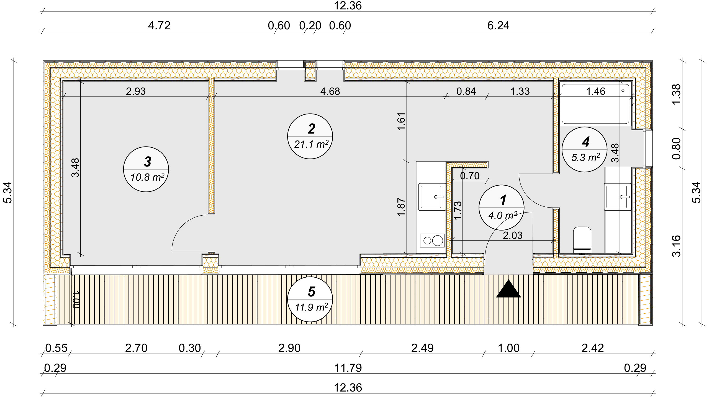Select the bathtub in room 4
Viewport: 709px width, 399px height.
tap(595, 104)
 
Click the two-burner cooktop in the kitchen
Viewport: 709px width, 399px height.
tap(432, 240)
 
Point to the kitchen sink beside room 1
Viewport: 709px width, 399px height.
tap(431, 197)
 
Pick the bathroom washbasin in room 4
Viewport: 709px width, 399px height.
tap(617, 197)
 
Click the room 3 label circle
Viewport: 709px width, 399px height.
tap(146, 169)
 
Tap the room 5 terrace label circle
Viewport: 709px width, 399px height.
tap(310, 299)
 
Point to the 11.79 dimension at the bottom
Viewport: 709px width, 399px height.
tap(348, 368)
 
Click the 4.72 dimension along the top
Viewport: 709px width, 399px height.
tap(159, 25)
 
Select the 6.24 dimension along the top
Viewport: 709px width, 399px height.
tap(498, 25)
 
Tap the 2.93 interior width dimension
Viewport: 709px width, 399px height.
tap(136, 91)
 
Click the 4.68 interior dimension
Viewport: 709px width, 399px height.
tap(330, 91)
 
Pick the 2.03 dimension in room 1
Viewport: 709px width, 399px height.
tap(513, 236)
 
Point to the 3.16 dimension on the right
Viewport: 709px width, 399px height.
tap(676, 246)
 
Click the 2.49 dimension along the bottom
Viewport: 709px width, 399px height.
tap(422, 348)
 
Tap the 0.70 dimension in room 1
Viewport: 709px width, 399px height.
tap(470, 176)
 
